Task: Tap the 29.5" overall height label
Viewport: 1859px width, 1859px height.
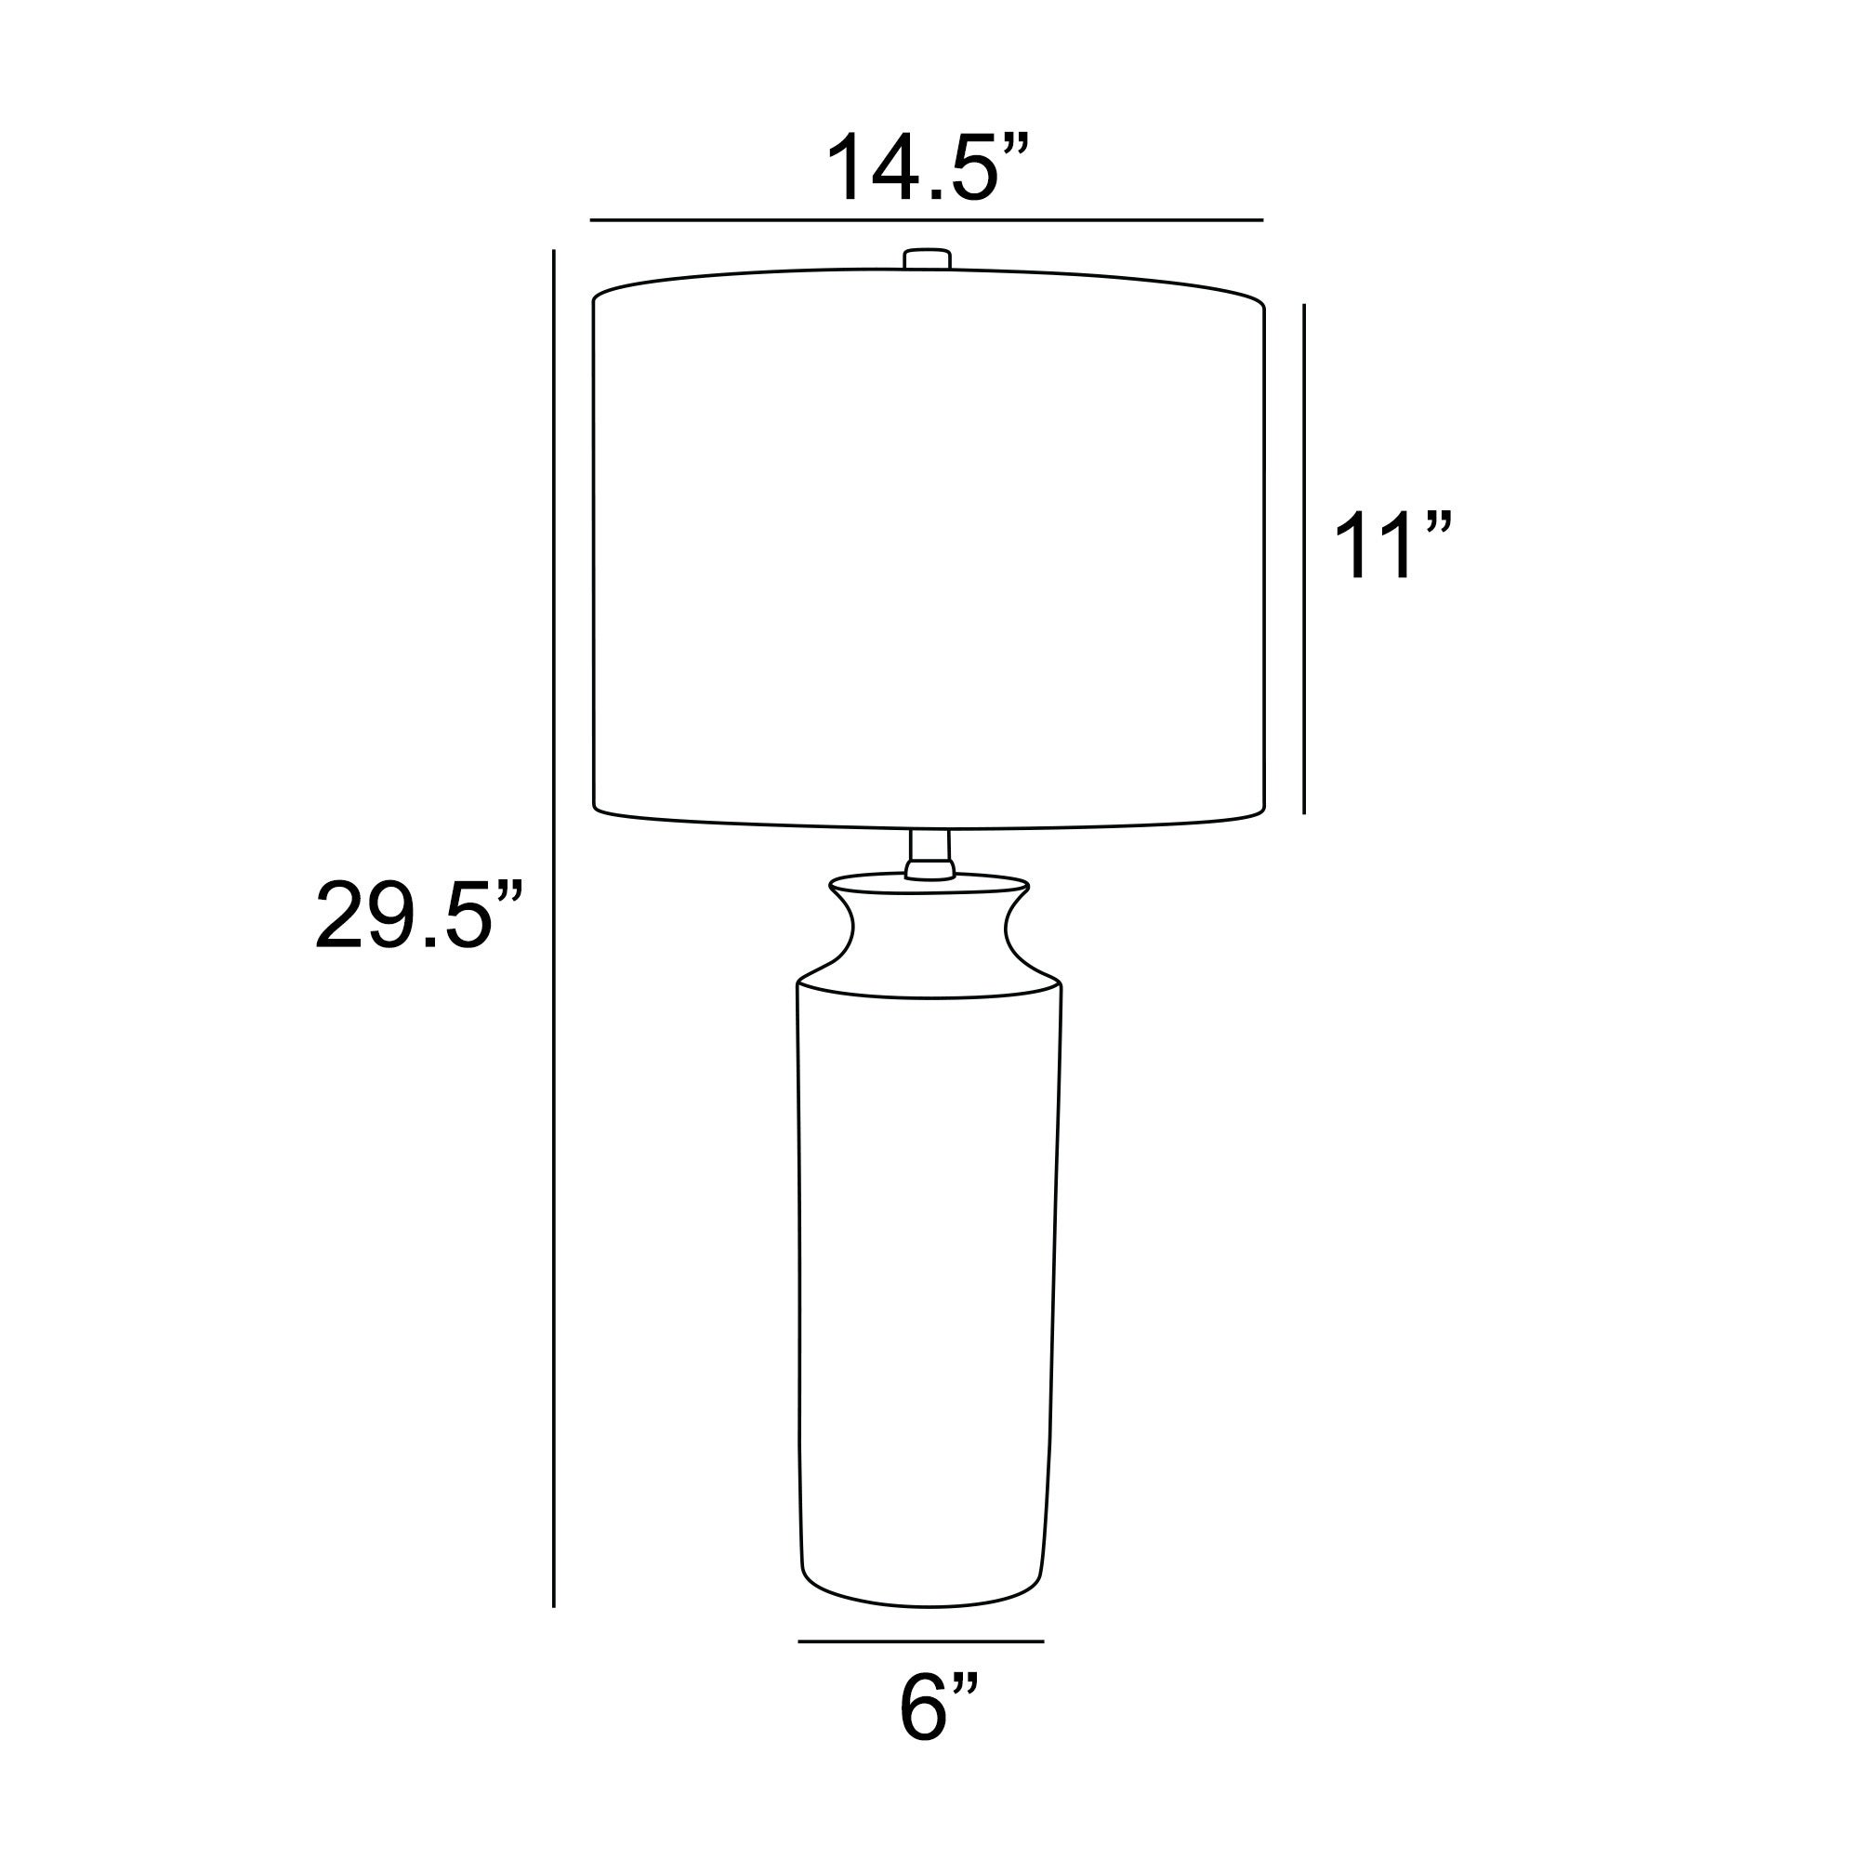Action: [418, 915]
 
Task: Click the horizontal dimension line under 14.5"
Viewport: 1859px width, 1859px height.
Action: [926, 220]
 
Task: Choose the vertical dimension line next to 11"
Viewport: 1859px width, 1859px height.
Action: [1304, 558]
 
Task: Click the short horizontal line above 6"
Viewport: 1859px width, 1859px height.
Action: [921, 1641]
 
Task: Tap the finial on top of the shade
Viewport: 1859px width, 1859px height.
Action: [928, 258]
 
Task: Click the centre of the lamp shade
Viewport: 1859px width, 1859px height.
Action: [929, 548]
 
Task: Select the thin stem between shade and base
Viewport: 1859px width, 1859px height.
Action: [929, 846]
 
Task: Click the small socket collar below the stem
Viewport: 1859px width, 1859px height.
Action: [929, 871]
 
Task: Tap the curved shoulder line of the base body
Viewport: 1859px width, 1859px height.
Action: [929, 996]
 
